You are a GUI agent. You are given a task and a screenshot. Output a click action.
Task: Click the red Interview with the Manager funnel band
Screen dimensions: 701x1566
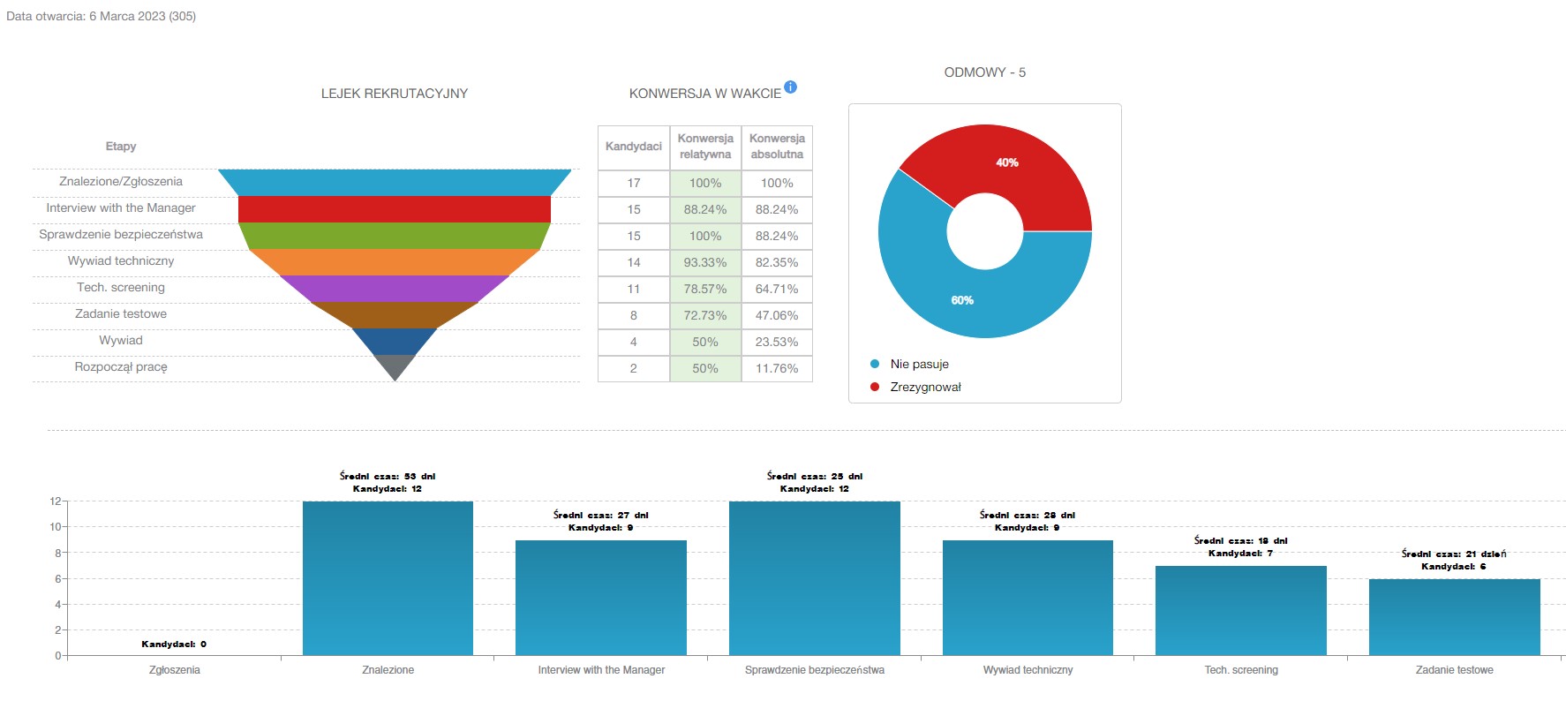pos(394,209)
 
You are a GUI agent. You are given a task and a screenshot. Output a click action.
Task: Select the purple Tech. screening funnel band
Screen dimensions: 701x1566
pos(394,289)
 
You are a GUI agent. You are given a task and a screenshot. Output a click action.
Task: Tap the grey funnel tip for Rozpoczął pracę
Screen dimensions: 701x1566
pos(395,366)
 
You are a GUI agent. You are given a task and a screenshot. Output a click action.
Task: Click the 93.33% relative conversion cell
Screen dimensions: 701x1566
pos(705,262)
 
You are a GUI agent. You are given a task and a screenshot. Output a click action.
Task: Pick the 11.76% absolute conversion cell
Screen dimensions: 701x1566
pos(777,368)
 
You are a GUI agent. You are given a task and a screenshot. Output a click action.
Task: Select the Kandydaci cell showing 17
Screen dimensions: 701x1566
pos(634,183)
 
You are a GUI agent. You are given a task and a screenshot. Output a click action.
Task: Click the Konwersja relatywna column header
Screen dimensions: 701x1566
pos(705,147)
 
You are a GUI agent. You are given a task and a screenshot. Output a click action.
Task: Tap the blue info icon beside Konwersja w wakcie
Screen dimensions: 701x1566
pos(791,87)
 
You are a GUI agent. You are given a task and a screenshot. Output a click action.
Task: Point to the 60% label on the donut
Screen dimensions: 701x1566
pos(962,300)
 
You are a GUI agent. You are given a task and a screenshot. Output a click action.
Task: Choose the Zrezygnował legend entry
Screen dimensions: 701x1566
pos(924,387)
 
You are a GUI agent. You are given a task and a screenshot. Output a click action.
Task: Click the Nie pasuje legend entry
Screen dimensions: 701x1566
pos(918,364)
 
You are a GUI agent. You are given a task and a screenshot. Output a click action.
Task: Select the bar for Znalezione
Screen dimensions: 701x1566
pos(388,578)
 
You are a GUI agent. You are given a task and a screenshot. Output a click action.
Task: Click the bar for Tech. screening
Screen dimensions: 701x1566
pos(1240,610)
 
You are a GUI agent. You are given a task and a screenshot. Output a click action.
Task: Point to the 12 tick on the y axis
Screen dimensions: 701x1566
pos(56,501)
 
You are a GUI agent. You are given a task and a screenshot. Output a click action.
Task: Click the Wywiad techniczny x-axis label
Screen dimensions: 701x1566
pos(1028,670)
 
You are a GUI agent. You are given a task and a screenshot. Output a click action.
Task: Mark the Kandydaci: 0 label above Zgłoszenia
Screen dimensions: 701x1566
pos(174,644)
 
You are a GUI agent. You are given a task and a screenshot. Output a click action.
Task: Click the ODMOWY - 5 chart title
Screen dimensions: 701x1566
pos(984,72)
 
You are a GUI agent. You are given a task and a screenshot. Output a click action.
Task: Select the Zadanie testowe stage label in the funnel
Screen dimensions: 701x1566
pos(121,313)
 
